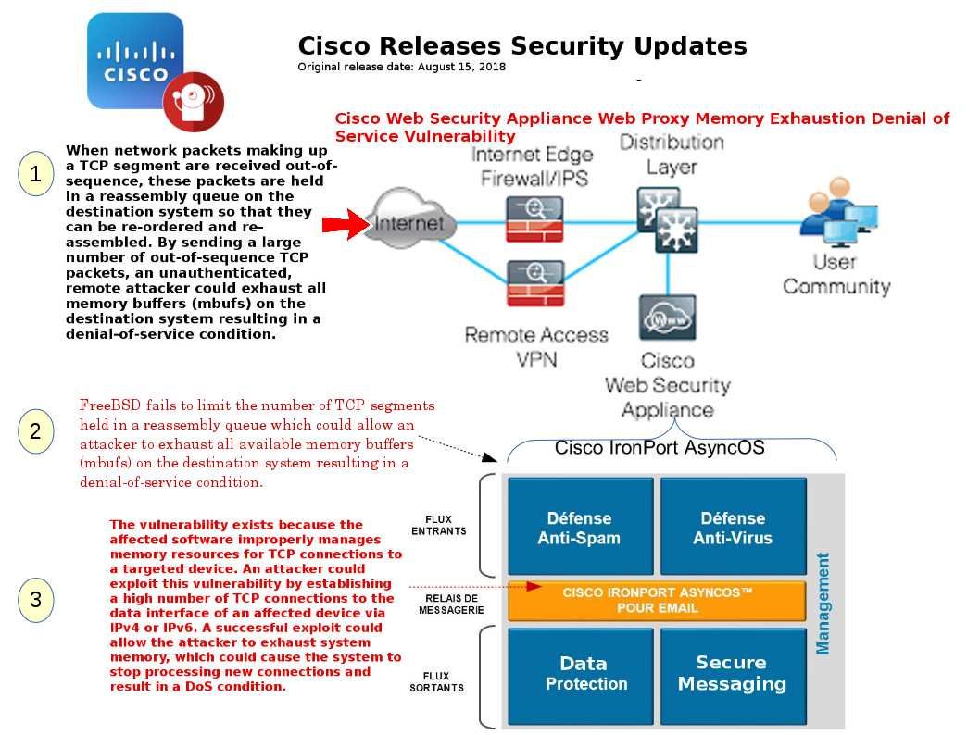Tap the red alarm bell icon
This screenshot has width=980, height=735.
(x=193, y=99)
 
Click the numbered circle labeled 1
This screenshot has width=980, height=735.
(x=35, y=174)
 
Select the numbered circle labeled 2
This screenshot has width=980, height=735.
(x=35, y=430)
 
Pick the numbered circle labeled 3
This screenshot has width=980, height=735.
(x=35, y=600)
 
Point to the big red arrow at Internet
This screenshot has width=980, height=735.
(x=344, y=225)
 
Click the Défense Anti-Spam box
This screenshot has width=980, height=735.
(x=579, y=527)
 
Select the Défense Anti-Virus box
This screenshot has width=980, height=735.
(x=732, y=527)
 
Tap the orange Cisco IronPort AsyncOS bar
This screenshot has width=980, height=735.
(x=657, y=600)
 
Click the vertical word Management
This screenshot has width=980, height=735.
(x=823, y=603)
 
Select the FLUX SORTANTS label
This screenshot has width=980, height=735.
(x=437, y=682)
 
